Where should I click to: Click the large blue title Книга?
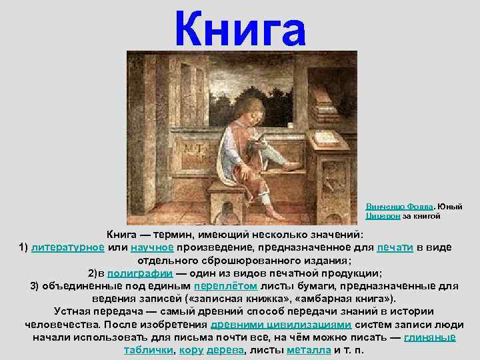pos(239,29)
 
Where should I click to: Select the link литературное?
pos(67,247)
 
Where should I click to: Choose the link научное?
pos(152,247)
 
